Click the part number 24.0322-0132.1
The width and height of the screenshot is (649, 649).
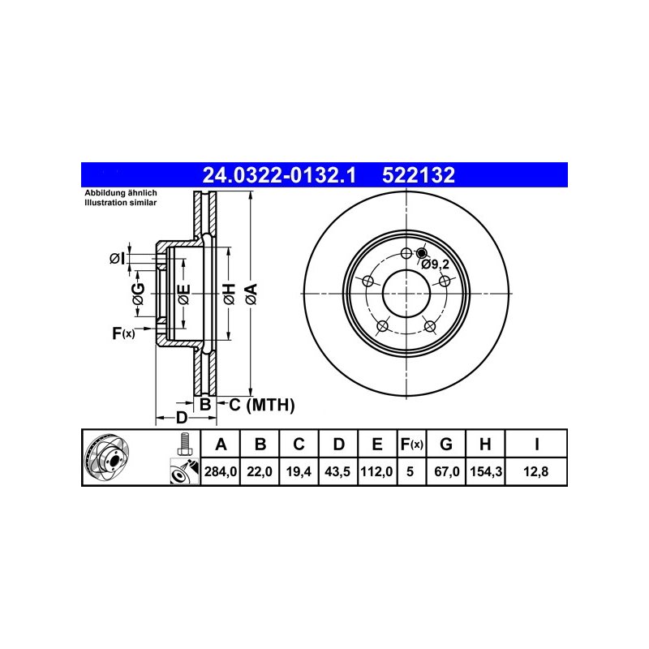(x=278, y=175)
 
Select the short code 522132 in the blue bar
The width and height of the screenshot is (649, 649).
(x=419, y=175)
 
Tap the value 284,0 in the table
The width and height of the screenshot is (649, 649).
(x=221, y=471)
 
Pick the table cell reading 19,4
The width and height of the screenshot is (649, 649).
(x=299, y=471)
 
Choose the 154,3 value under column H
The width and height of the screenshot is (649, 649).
(x=486, y=471)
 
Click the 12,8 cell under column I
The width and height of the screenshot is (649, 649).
(x=536, y=471)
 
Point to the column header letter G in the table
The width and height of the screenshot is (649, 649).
(x=445, y=444)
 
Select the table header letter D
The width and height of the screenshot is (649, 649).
(x=338, y=444)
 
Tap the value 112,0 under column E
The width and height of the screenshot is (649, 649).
(x=376, y=471)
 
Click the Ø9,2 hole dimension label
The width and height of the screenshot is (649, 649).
(x=435, y=264)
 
